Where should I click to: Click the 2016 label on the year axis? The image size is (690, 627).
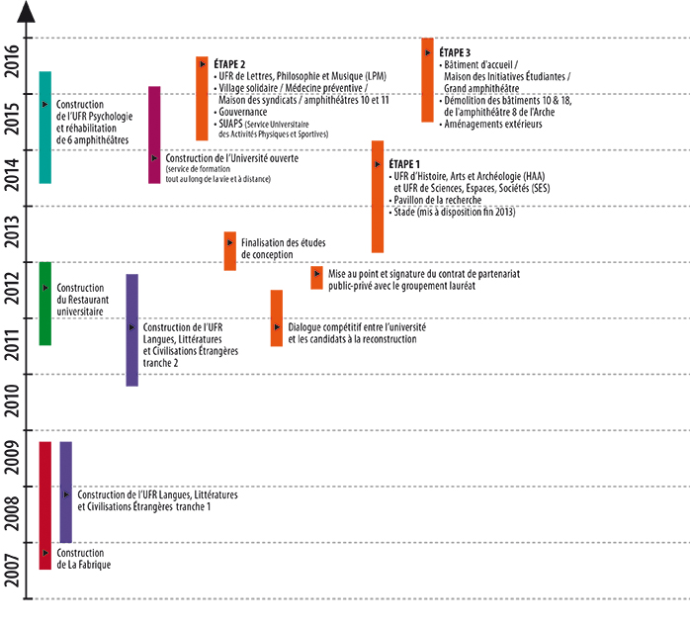tap(12, 61)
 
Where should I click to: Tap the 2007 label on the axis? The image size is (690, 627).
tap(12, 570)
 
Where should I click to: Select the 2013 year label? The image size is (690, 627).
tap(12, 230)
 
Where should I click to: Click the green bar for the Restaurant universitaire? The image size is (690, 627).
tap(44, 304)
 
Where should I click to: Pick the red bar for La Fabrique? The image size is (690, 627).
tap(44, 505)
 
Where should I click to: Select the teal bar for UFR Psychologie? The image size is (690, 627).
tap(44, 128)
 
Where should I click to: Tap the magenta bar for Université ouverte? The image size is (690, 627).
tap(154, 134)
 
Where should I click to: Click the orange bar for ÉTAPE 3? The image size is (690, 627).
tap(427, 80)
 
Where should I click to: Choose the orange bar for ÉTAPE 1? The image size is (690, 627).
tap(378, 197)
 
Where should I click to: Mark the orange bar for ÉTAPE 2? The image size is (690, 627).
tap(202, 99)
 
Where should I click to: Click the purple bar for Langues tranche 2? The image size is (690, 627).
tap(131, 329)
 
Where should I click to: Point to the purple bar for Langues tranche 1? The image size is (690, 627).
tap(66, 492)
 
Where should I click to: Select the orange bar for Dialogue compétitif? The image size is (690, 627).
tap(277, 317)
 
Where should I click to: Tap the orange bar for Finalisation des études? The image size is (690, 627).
tap(229, 251)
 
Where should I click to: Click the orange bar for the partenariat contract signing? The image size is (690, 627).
tap(316, 278)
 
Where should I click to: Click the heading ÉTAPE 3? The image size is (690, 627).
tap(455, 52)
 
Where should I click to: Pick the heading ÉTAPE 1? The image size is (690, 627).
tap(405, 163)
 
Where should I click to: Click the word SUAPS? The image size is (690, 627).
tap(232, 124)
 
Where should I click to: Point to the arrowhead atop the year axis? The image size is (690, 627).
tap(31, 13)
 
